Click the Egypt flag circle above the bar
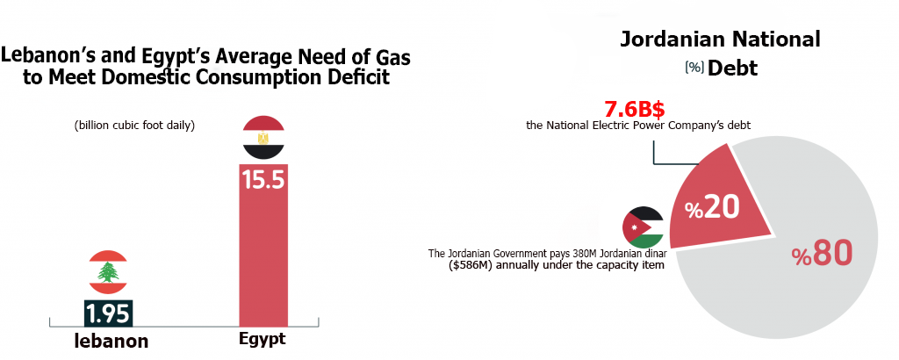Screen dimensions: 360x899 263,138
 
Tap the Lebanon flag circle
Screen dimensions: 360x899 108,272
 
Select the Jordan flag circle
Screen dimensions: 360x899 644,228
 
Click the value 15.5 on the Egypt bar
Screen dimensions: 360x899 263,180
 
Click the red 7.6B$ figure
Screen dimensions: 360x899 635,111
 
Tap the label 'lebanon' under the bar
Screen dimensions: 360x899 110,342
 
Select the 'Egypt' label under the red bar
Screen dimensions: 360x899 263,339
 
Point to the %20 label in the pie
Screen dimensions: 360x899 712,208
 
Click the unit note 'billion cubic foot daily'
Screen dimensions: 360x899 134,126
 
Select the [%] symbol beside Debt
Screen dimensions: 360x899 694,68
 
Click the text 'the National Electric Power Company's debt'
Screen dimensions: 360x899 638,126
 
